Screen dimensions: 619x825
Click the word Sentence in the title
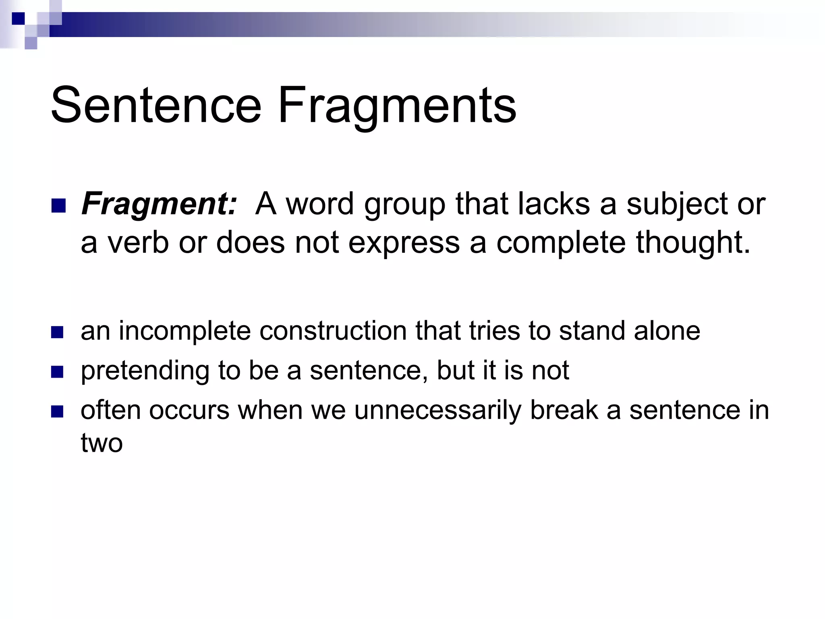point(156,106)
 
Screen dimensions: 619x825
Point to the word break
point(564,410)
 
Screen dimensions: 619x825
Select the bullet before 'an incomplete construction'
point(58,332)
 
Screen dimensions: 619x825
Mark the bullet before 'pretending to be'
point(58,372)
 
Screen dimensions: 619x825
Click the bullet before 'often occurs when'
point(58,411)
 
